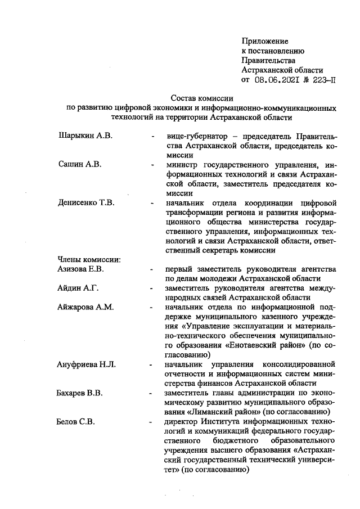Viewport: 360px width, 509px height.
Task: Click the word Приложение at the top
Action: click(264, 41)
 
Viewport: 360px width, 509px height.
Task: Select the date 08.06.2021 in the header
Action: click(279, 80)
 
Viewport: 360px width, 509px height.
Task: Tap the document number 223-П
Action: click(323, 80)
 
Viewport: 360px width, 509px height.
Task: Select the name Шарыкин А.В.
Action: click(85, 136)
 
